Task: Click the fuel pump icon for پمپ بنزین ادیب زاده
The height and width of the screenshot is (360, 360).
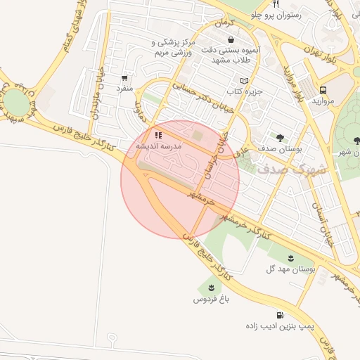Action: (x=281, y=315)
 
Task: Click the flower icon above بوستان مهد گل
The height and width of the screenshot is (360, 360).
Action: (x=291, y=257)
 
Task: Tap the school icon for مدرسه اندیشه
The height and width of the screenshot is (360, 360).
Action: (x=159, y=135)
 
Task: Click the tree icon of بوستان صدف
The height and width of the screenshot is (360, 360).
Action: (x=281, y=138)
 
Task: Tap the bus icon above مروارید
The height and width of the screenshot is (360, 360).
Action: (x=323, y=91)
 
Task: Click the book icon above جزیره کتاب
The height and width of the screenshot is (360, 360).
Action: (x=244, y=80)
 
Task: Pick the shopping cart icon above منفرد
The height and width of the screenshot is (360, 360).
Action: (x=124, y=78)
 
